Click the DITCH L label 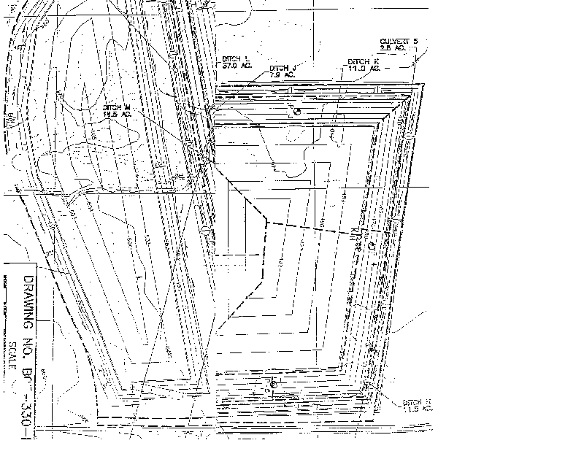coord(235,58)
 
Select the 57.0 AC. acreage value coord(237,65)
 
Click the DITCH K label coord(363,61)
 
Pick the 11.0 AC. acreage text coord(364,68)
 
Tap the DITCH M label coord(116,107)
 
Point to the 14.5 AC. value coord(117,114)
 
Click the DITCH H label coord(417,402)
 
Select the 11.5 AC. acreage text coord(418,409)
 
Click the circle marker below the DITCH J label coord(296,111)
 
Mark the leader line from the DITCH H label coord(387,392)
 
